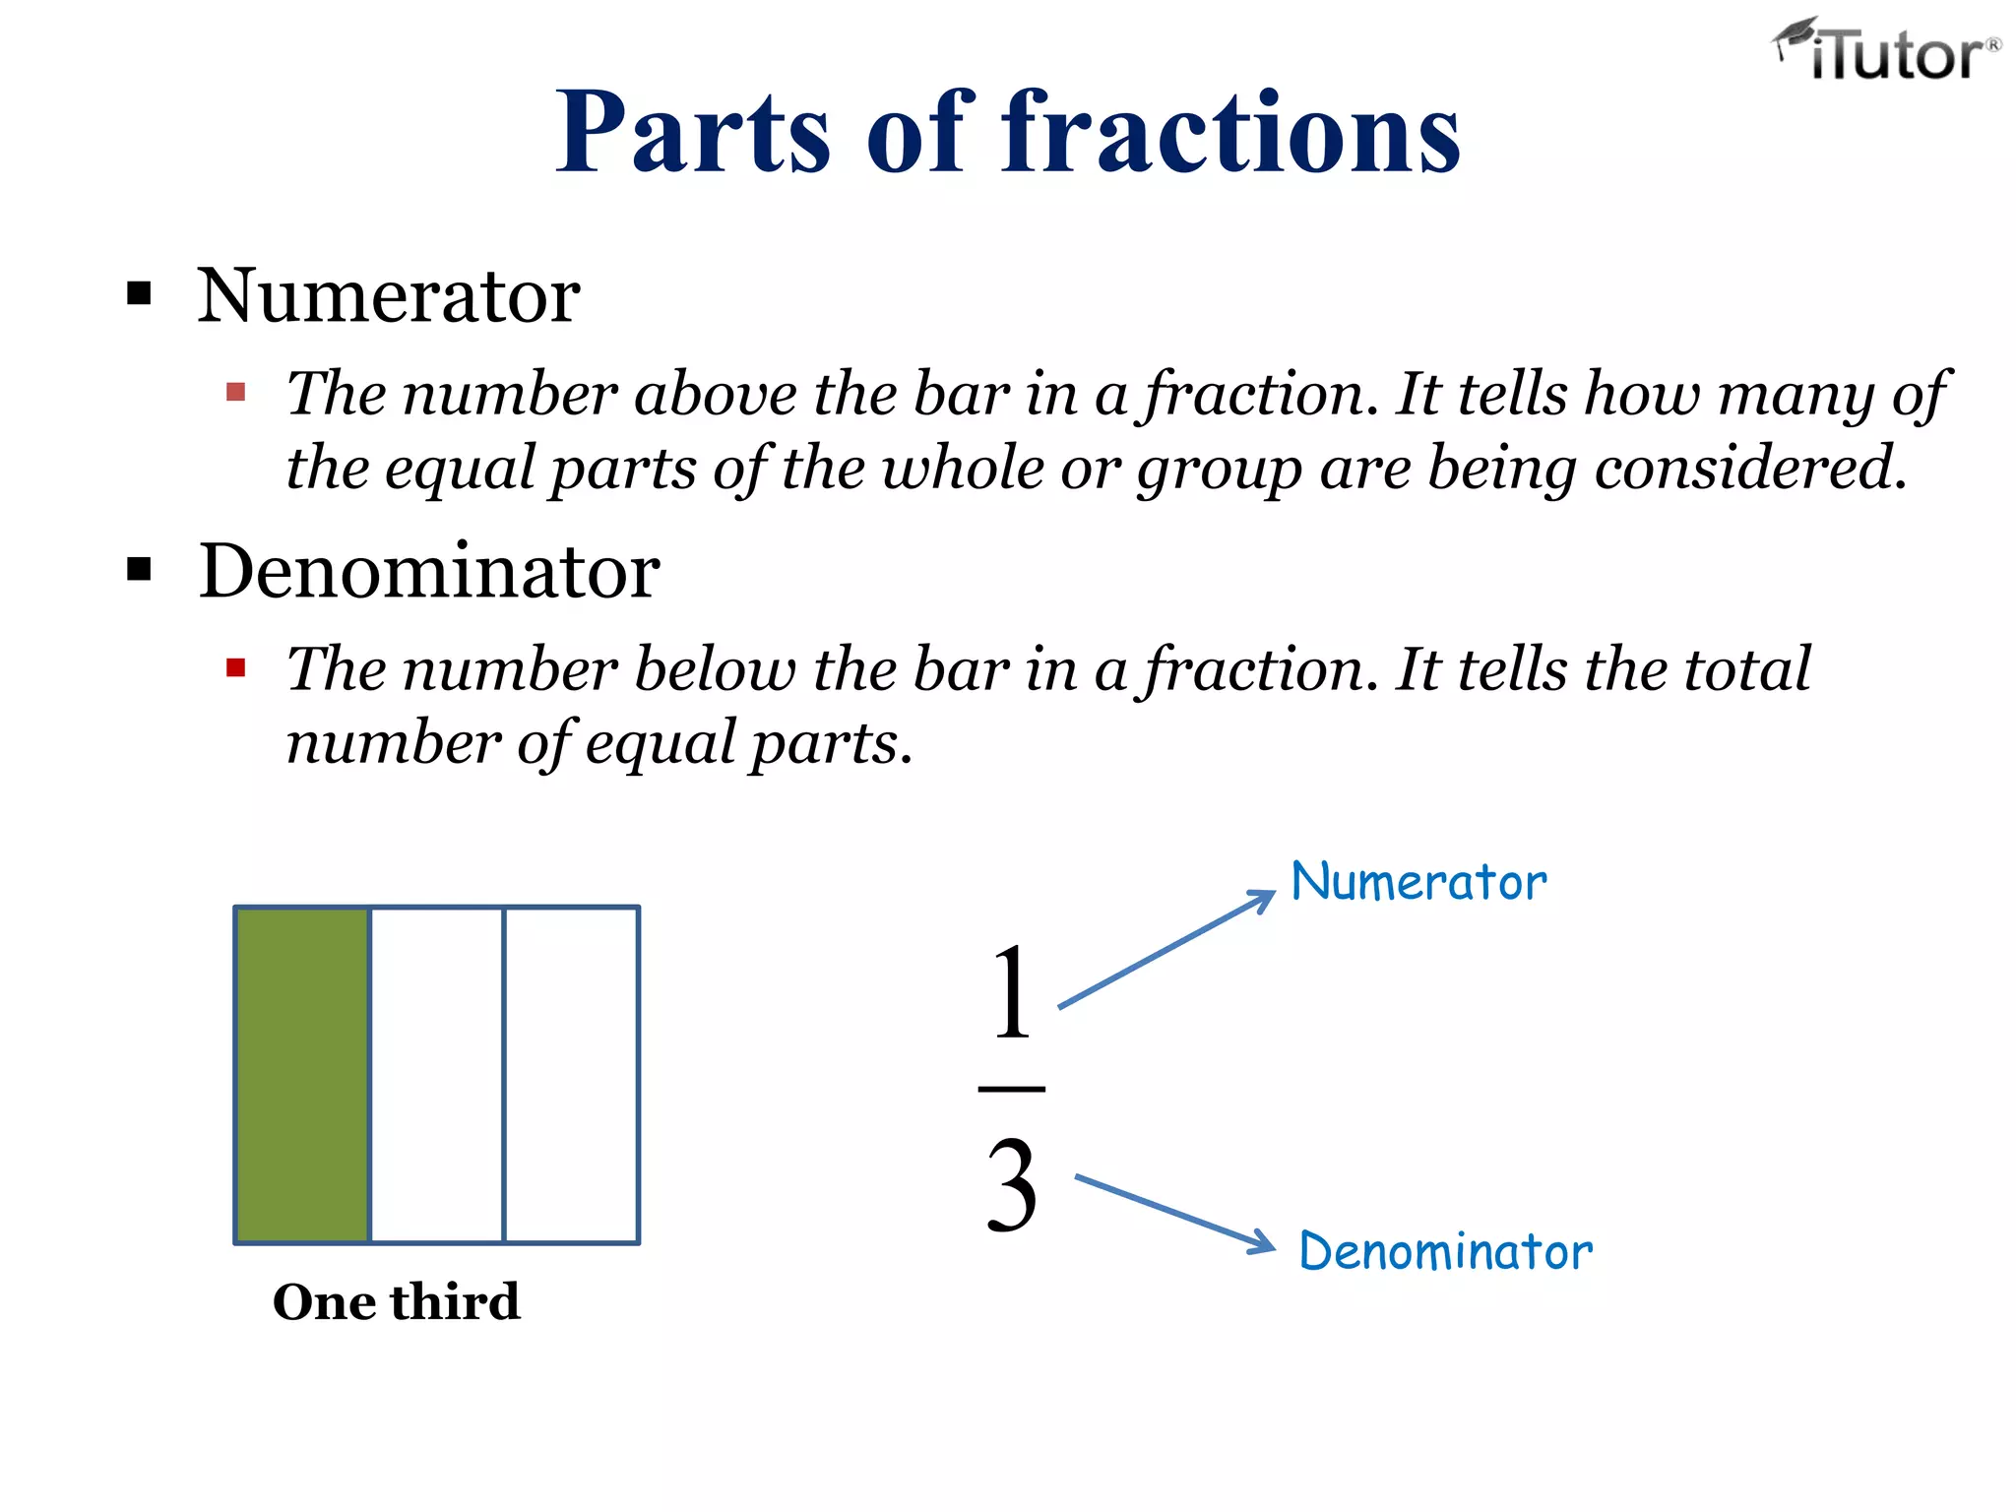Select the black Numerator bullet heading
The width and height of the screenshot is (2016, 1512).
[x=388, y=296]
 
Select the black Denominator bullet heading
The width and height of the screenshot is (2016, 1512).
[x=428, y=572]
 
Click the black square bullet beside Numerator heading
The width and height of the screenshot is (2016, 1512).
[x=139, y=293]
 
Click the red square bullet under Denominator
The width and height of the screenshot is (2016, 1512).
[x=235, y=669]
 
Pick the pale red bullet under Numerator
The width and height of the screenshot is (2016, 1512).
[x=235, y=393]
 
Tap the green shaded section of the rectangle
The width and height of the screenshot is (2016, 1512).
[x=303, y=1075]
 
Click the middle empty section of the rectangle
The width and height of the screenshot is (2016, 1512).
[x=437, y=1075]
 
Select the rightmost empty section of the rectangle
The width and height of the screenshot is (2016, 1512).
[x=571, y=1075]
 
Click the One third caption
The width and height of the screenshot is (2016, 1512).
[x=396, y=1302]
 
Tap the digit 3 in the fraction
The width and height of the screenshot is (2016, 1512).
[x=1012, y=1186]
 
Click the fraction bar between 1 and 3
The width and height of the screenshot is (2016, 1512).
[x=1012, y=1089]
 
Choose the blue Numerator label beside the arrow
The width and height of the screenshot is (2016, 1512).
[x=1418, y=882]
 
